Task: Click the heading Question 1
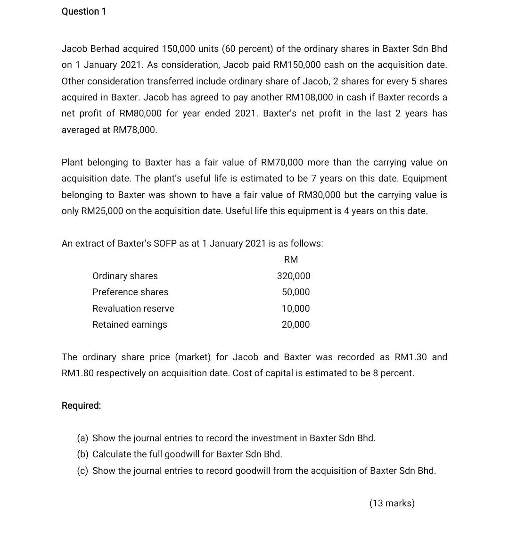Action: (84, 11)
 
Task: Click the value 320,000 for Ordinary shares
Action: (294, 276)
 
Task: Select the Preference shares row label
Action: (130, 292)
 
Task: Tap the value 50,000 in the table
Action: (296, 292)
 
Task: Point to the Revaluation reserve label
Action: (133, 308)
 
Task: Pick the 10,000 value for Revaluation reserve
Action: (296, 308)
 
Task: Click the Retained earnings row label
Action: (130, 324)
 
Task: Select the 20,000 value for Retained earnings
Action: (296, 324)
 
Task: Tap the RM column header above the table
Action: (291, 259)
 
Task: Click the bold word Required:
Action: (81, 405)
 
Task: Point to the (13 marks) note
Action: (392, 503)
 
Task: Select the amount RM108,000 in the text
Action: (309, 97)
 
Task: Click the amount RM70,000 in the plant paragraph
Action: (282, 162)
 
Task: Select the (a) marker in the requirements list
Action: (82, 438)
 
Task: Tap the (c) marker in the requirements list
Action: (82, 471)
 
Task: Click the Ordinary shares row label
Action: (125, 276)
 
